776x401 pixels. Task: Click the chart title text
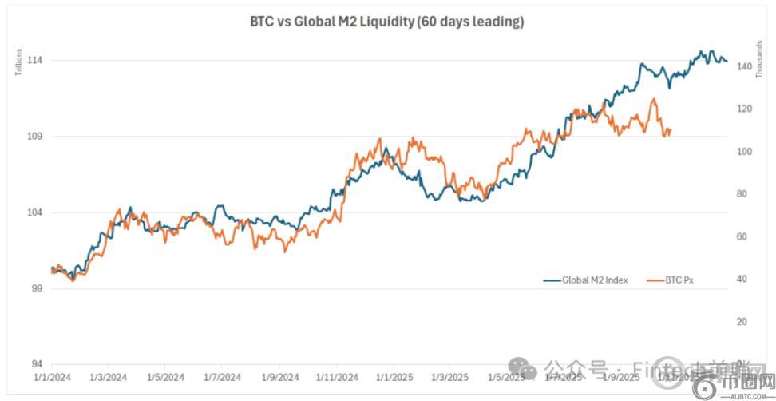click(x=387, y=22)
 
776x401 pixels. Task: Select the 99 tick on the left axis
click(x=36, y=288)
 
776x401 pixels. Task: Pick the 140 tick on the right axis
click(x=745, y=68)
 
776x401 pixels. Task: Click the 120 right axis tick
click(x=745, y=109)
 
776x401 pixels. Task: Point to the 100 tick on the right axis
click(x=745, y=152)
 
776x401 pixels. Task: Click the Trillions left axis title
click(x=18, y=62)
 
